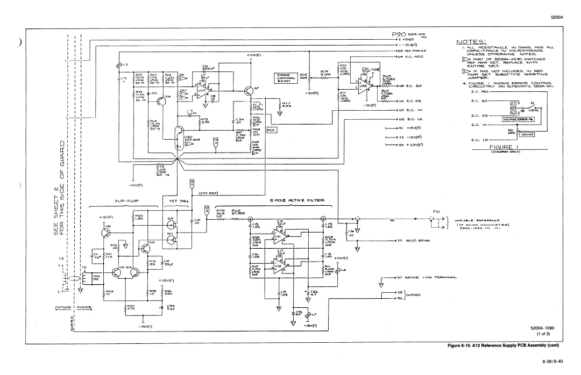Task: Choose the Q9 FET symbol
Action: pos(172,220)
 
